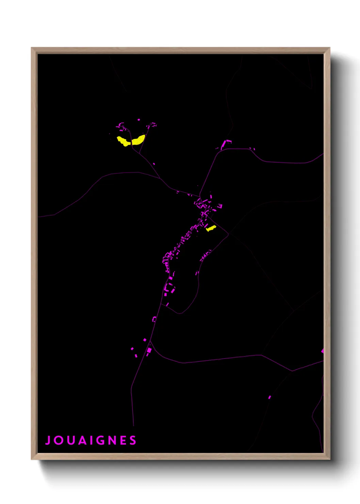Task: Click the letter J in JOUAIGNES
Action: (48, 440)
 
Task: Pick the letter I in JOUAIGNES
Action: (91, 440)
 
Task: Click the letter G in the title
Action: (101, 440)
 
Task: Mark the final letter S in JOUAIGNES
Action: (133, 440)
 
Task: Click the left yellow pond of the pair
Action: (123, 141)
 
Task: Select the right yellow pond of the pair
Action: (138, 140)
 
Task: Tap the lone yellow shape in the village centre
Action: (211, 228)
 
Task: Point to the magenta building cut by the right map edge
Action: (322, 351)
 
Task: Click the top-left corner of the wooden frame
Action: (32, 48)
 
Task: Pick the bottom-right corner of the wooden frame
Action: (329, 459)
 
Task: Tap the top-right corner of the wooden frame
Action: (329, 48)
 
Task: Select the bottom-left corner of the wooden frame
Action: (32, 459)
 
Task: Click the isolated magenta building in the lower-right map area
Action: (269, 397)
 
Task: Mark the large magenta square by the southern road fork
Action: (149, 350)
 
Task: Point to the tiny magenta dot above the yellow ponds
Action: (138, 120)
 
